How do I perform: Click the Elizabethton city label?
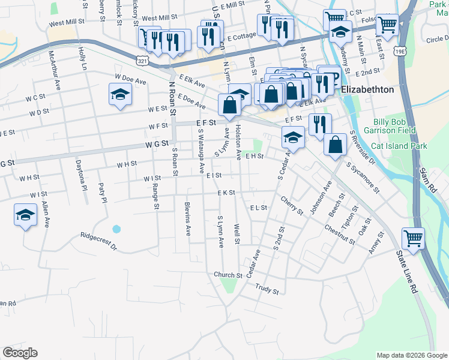[367, 89]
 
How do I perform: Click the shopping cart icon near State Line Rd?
[413, 238]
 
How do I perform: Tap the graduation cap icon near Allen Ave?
[25, 215]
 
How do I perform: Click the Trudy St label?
[267, 290]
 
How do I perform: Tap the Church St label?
[228, 275]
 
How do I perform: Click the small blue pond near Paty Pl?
[116, 229]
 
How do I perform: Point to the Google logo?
[20, 353]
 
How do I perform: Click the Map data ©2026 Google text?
[411, 355]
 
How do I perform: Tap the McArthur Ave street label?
[59, 69]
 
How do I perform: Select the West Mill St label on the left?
[67, 22]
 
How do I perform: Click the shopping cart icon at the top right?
[387, 24]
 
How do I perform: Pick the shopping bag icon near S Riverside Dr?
[335, 144]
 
